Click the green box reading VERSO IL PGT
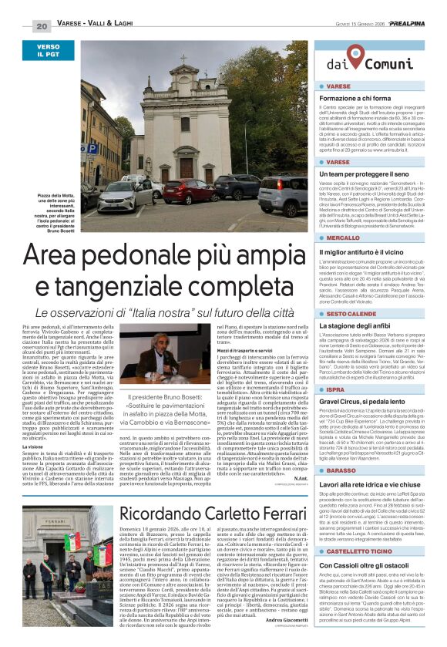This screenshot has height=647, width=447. [x=48, y=52]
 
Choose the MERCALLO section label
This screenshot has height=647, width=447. [x=343, y=238]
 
